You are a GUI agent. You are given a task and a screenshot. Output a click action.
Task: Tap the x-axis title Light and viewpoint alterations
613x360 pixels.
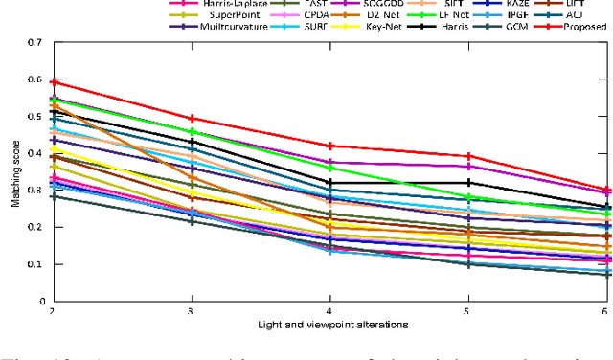(x=330, y=326)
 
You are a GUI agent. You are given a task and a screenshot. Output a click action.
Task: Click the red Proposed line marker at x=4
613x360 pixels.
(x=330, y=146)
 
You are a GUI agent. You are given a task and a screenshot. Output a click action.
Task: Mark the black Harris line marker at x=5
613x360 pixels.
(x=468, y=182)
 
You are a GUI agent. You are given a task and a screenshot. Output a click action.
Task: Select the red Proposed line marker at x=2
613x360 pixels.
(x=53, y=83)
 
